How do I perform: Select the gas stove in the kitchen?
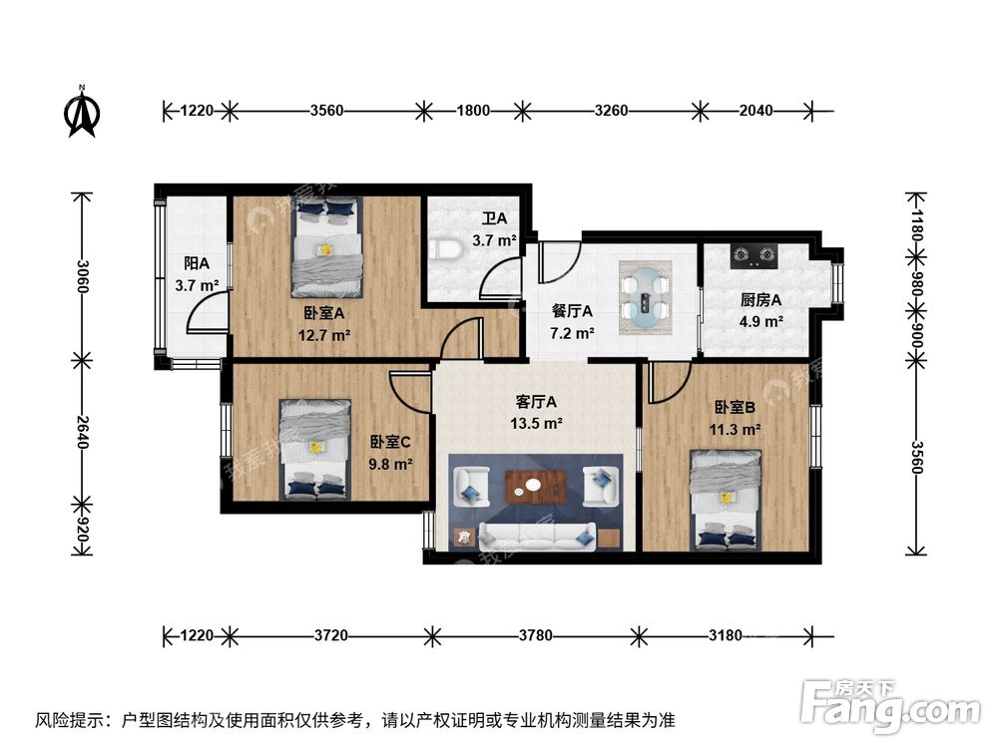tap(754, 255)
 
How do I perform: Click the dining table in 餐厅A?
tap(646, 297)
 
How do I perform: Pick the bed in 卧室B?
tap(727, 501)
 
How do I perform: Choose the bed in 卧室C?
tap(315, 449)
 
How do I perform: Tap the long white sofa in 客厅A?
tap(537, 537)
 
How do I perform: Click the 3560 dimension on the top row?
tap(326, 111)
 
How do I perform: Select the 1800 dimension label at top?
tap(473, 111)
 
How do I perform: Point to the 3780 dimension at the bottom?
tap(535, 635)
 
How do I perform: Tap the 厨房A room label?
tap(760, 299)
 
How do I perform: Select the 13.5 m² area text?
tap(536, 423)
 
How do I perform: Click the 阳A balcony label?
tap(197, 263)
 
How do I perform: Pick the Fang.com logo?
tap(890, 704)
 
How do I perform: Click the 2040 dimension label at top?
tap(755, 111)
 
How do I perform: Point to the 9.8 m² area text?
tap(390, 464)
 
